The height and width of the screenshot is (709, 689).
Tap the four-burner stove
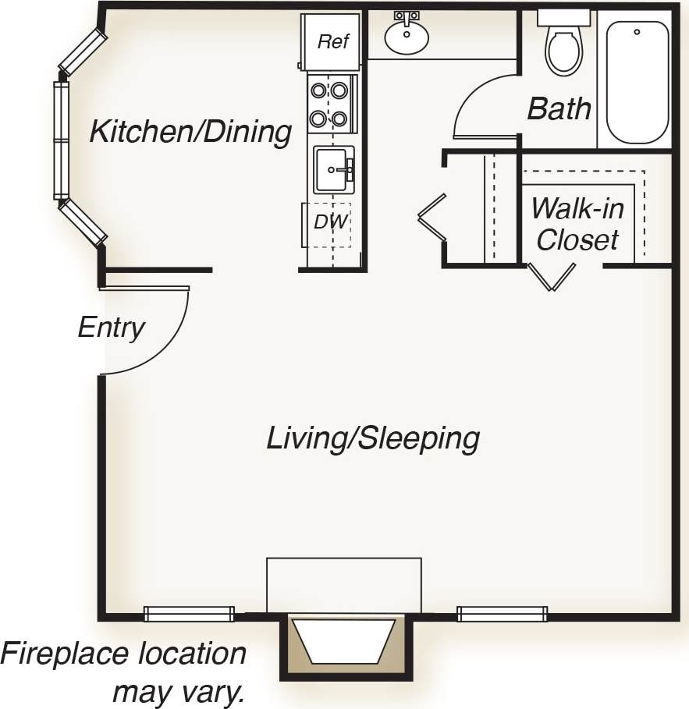tap(329, 105)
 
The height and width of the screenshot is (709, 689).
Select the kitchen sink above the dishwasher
tap(333, 169)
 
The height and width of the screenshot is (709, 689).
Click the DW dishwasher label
tap(330, 222)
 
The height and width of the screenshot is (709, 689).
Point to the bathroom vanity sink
tap(407, 36)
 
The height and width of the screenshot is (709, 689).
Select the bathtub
tap(637, 82)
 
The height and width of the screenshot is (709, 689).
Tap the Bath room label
tap(559, 109)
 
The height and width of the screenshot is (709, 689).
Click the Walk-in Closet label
tap(577, 224)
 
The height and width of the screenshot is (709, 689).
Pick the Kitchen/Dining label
tap(190, 132)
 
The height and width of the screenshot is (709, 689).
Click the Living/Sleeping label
tap(372, 438)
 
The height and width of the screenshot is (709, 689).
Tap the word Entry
tap(111, 328)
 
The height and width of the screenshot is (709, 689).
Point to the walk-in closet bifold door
tap(552, 276)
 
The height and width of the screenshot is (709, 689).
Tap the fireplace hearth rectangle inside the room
tap(343, 585)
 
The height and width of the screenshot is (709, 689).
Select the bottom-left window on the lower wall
tap(189, 614)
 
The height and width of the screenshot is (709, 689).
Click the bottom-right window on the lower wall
tap(502, 614)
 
